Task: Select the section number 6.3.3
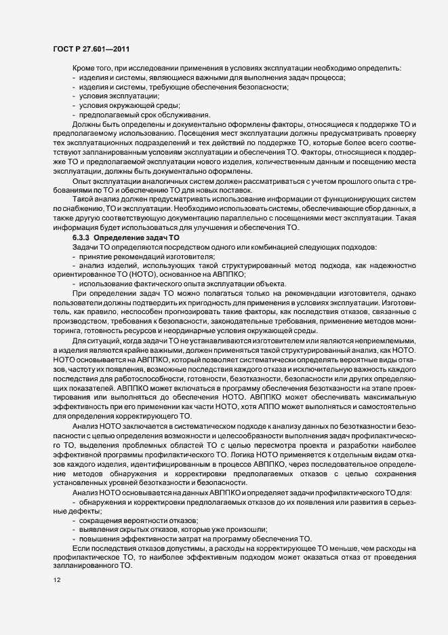click(81, 238)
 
